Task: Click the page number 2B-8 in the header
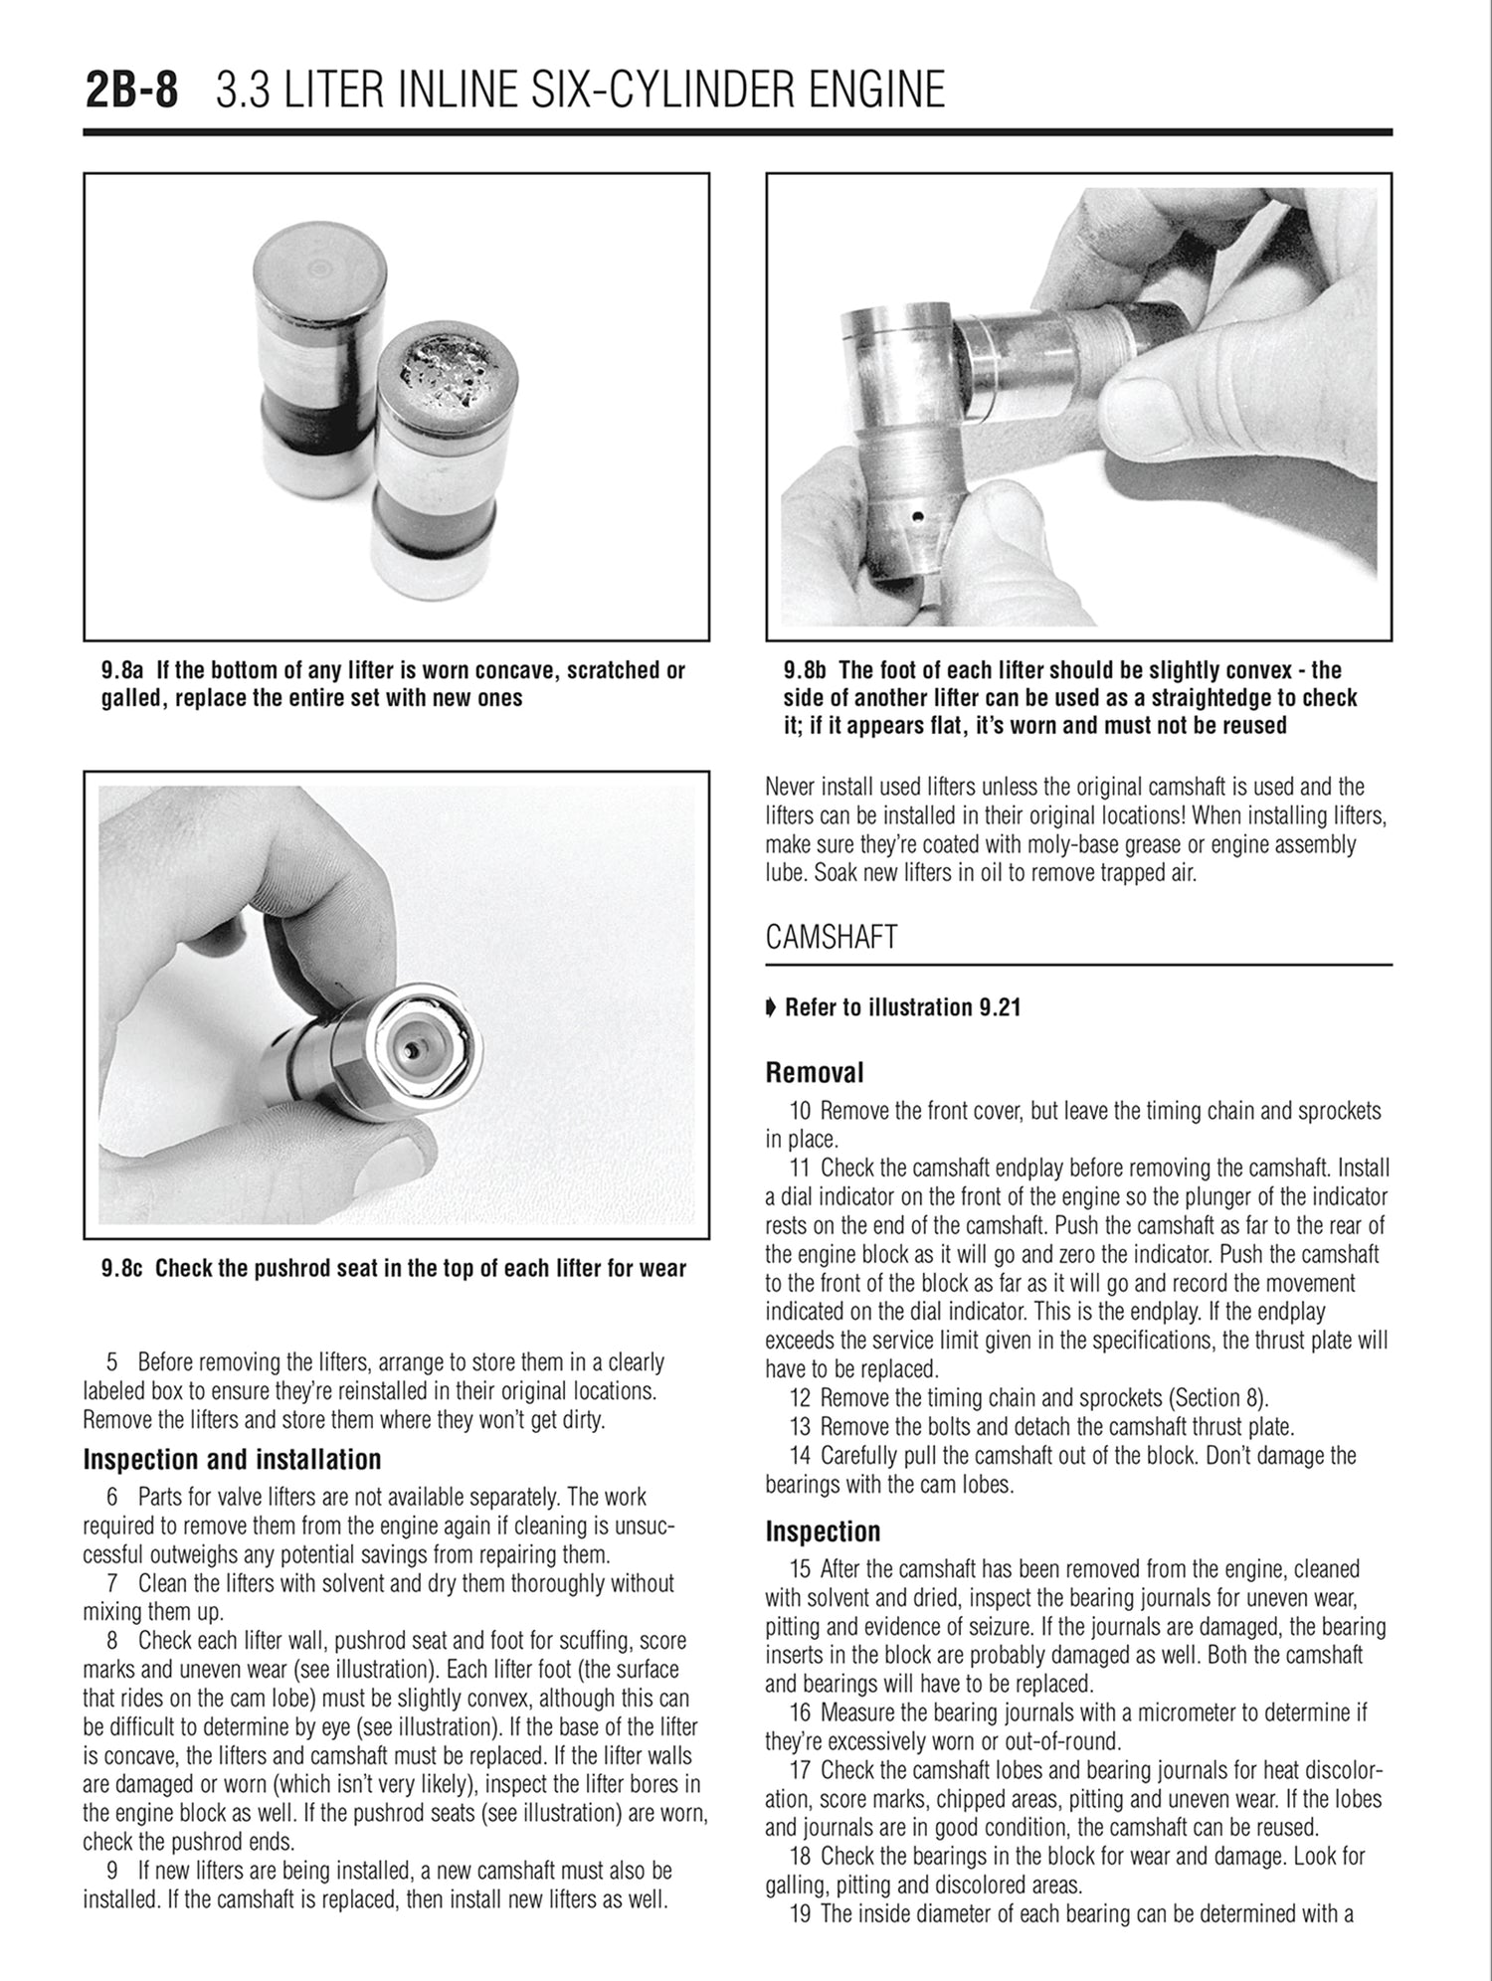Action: tap(132, 90)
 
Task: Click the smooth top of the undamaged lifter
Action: tap(318, 265)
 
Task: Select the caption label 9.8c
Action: tap(124, 1269)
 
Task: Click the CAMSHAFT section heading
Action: tap(832, 937)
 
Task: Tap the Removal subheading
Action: tap(814, 1073)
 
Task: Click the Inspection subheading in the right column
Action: tap(823, 1531)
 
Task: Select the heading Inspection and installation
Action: tap(232, 1460)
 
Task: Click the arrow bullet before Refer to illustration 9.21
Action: tap(771, 1008)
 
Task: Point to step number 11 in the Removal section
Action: tap(801, 1168)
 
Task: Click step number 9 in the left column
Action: tap(113, 1872)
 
